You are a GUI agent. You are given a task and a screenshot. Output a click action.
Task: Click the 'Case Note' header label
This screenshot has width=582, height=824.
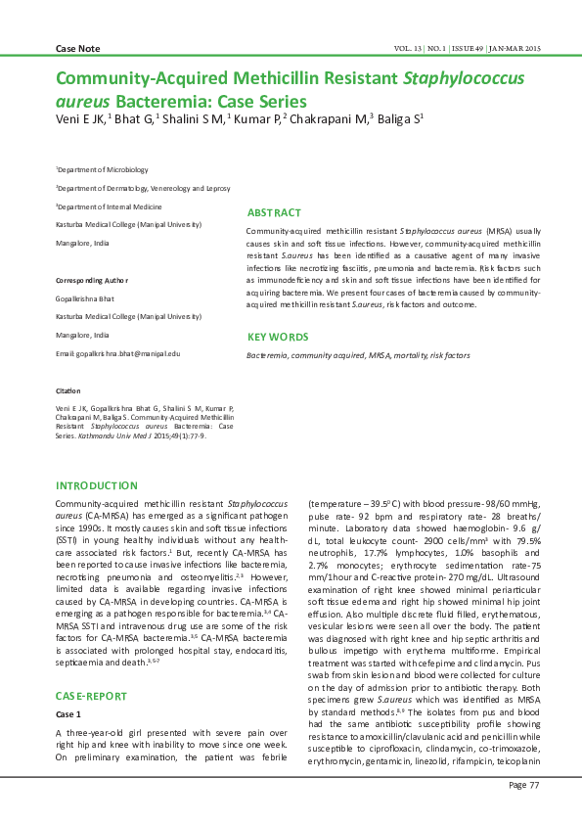[x=78, y=48]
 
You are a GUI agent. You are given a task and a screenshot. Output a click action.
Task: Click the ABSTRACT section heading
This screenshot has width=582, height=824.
[x=274, y=212]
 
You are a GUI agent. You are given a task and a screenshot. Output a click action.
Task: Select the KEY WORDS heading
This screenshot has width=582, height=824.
[x=278, y=337]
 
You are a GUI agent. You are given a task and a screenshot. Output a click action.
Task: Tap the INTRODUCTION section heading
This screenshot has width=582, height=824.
[x=96, y=485]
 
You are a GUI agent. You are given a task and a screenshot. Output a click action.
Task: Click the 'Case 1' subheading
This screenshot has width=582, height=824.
[x=68, y=714]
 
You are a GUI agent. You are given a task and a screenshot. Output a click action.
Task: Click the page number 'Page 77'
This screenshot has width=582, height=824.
[x=523, y=786]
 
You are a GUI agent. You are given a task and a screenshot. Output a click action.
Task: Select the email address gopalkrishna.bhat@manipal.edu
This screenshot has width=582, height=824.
[x=118, y=352]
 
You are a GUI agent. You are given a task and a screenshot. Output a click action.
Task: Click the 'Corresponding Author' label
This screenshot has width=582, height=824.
[x=92, y=280]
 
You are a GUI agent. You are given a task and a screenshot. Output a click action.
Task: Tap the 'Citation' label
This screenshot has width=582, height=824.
[x=68, y=389]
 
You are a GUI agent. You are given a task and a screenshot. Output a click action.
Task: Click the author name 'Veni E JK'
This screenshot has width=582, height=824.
[x=79, y=120]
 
